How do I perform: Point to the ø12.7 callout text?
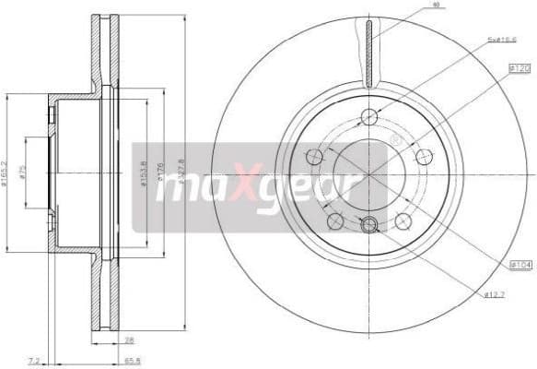(x=496, y=294)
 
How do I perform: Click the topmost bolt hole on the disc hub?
(x=369, y=116)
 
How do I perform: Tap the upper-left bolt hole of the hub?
(x=315, y=156)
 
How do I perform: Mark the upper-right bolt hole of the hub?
(x=424, y=156)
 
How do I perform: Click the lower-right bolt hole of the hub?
(x=403, y=220)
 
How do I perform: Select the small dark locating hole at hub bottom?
(x=369, y=224)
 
